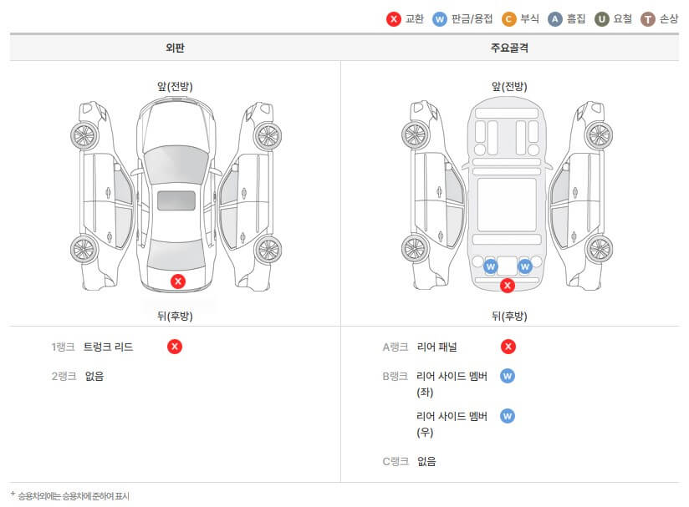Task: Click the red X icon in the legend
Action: click(394, 18)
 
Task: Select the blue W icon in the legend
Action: click(440, 18)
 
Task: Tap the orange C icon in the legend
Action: click(508, 18)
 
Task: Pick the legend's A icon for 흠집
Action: click(554, 18)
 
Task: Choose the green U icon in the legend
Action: click(601, 18)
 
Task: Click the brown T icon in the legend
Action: click(647, 18)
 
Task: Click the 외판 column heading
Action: click(175, 48)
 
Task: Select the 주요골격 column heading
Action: click(509, 48)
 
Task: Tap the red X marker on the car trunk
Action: click(177, 281)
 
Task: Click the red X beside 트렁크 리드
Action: click(174, 347)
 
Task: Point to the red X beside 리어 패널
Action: click(508, 347)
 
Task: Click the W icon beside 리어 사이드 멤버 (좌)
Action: click(508, 376)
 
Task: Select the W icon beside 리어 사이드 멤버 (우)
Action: click(508, 416)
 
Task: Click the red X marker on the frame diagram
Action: click(507, 286)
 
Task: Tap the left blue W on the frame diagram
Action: click(491, 266)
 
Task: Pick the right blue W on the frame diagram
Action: click(525, 266)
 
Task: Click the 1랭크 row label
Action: click(63, 347)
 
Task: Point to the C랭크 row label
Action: click(395, 461)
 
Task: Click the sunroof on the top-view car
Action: click(176, 200)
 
